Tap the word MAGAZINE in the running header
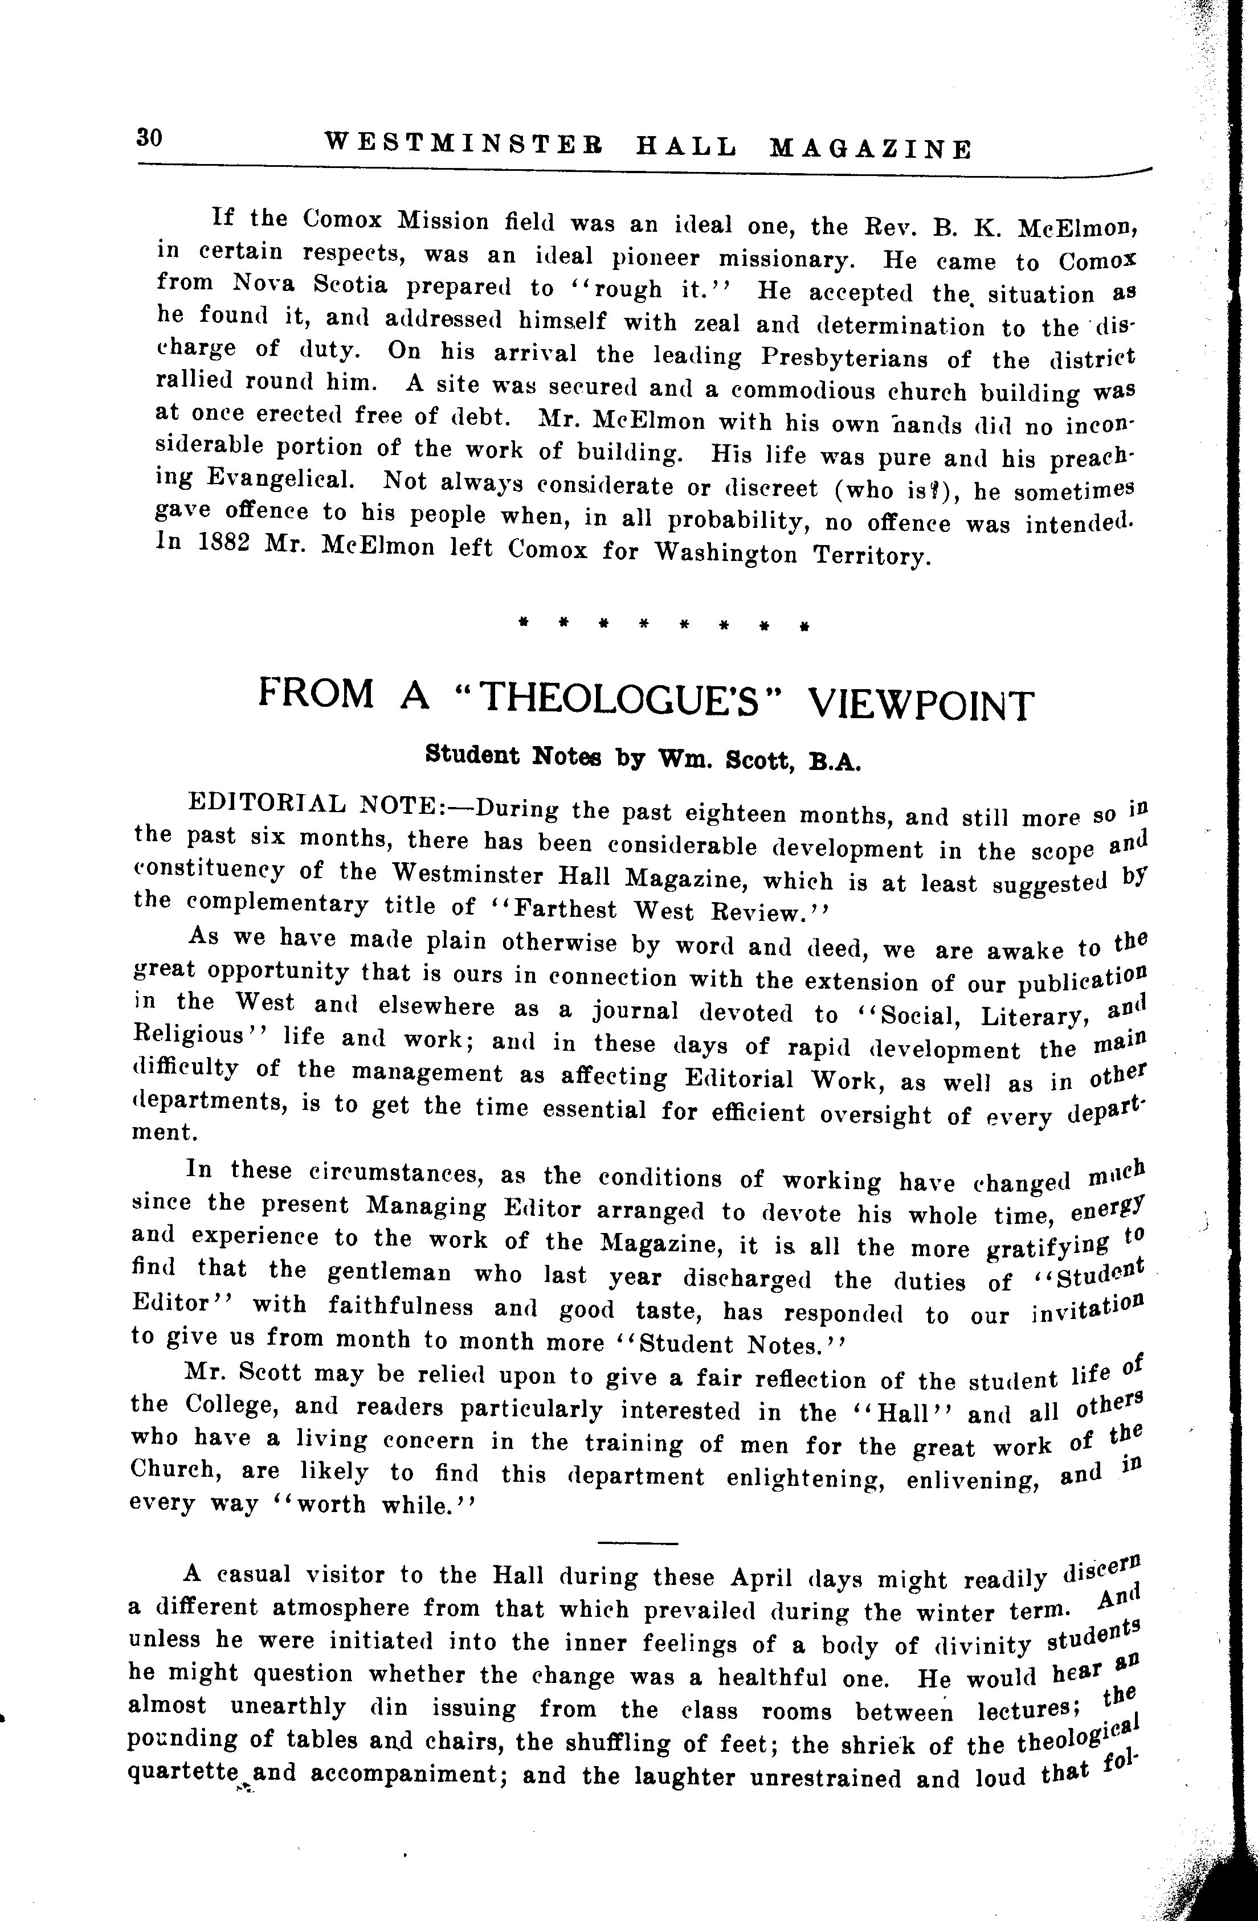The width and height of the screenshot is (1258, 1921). click(871, 149)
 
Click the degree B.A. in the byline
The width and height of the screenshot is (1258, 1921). click(836, 761)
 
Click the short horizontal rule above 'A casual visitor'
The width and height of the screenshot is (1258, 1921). click(639, 1544)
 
